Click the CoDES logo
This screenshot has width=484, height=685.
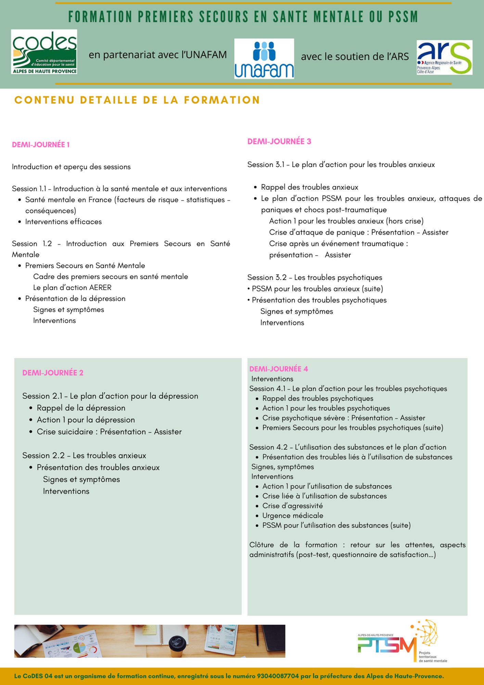coord(44,52)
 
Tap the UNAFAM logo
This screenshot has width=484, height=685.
coord(264,59)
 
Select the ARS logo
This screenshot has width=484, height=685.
coord(444,58)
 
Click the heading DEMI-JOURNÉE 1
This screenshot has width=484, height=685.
coord(41,145)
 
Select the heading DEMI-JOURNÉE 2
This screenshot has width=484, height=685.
coord(53,373)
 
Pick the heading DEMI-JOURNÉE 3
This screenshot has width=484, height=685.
coord(279,141)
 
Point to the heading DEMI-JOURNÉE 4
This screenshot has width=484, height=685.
coord(279,369)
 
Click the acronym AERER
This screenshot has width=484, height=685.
coord(100,288)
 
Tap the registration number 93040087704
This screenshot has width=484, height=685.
coord(278,676)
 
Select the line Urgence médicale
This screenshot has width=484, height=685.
coord(293,515)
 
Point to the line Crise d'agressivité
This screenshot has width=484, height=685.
coord(293,506)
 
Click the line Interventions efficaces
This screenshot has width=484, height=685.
coord(63,222)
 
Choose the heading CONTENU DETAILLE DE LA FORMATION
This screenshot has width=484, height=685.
coord(137,100)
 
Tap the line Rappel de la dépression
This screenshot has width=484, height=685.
coord(81,408)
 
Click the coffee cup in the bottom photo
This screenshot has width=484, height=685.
coord(178,645)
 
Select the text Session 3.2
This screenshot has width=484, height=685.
coord(267,277)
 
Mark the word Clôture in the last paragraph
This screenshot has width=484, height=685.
coord(262,545)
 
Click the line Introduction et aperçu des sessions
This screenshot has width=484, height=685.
coord(71,167)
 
